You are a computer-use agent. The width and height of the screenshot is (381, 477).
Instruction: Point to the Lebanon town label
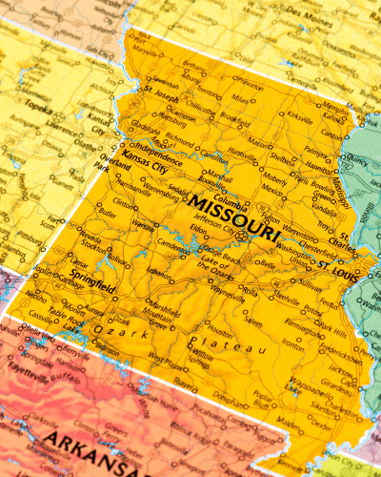point(160,273)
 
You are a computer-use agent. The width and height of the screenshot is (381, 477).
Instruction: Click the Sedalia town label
point(179,191)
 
